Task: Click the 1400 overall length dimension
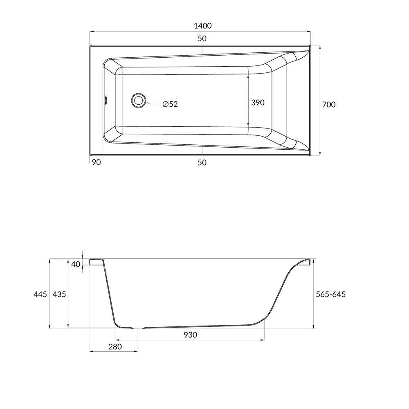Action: [x=203, y=26]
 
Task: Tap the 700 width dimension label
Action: [x=329, y=105]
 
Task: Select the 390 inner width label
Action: [x=258, y=103]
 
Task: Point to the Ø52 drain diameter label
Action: [x=170, y=104]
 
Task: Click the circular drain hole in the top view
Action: [x=138, y=101]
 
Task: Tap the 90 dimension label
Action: [x=96, y=162]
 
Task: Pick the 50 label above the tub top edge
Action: [x=202, y=38]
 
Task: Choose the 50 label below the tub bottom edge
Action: [x=202, y=163]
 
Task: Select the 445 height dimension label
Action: [x=40, y=294]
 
